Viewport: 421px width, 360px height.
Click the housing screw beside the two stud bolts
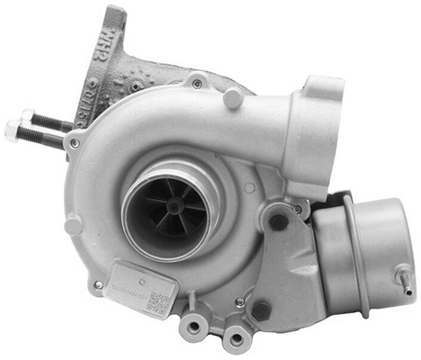75,142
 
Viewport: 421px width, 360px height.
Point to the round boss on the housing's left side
73,224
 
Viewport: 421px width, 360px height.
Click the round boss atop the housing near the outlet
234,96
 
